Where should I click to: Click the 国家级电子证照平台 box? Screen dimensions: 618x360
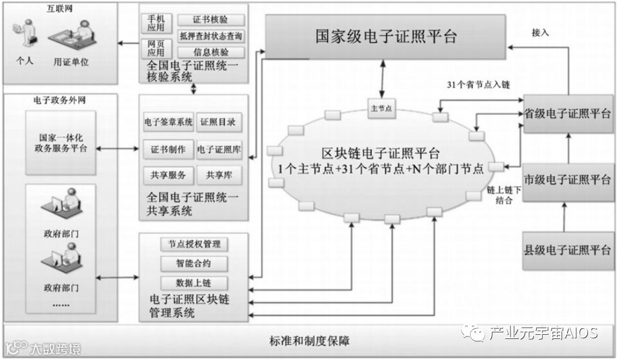386,36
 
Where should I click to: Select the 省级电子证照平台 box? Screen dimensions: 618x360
568,114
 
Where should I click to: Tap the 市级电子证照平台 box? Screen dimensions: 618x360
568,180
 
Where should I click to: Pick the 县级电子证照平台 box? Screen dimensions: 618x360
568,249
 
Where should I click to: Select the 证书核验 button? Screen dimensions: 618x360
211,21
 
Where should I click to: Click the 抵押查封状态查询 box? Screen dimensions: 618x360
211,37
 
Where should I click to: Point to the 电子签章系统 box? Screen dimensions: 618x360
168,123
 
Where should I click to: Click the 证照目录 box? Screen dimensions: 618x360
218,123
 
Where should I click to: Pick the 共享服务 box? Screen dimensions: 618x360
168,175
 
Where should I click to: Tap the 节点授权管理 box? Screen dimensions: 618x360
194,245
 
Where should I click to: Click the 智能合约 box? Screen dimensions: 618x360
194,263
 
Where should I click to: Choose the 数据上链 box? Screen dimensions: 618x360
194,283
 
